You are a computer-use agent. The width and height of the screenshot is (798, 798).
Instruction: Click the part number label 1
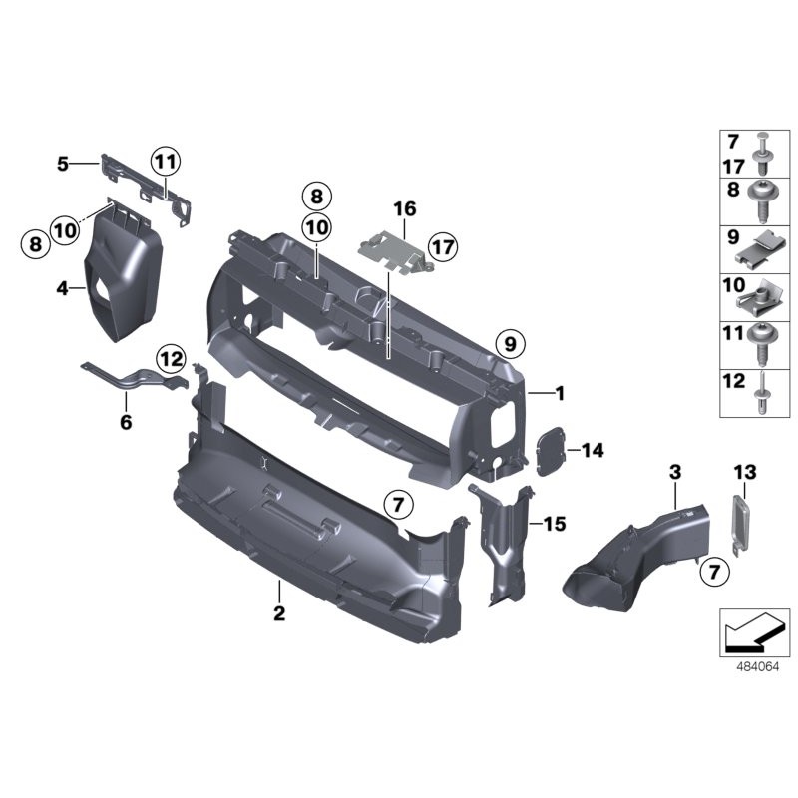point(560,394)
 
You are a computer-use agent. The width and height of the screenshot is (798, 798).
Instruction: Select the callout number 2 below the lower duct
point(279,613)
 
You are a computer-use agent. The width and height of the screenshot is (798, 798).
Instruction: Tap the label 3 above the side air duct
point(675,471)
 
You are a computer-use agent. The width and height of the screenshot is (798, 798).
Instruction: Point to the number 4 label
point(63,289)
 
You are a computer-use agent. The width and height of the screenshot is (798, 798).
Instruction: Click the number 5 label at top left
point(63,162)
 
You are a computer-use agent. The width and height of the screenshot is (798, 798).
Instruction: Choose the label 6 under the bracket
point(126,422)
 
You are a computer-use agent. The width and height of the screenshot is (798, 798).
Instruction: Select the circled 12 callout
point(170,358)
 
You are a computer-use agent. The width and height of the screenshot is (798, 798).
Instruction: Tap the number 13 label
point(745,471)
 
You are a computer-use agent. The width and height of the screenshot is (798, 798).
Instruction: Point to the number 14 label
point(593,451)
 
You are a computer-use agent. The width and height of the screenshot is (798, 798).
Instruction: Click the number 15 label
point(554,522)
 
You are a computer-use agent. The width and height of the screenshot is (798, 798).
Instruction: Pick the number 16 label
point(404,209)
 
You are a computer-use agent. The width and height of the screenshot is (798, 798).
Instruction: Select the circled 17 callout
point(441,244)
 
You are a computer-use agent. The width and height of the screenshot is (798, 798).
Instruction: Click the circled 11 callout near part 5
point(164,160)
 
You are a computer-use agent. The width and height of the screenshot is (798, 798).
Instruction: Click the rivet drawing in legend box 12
point(763,395)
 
